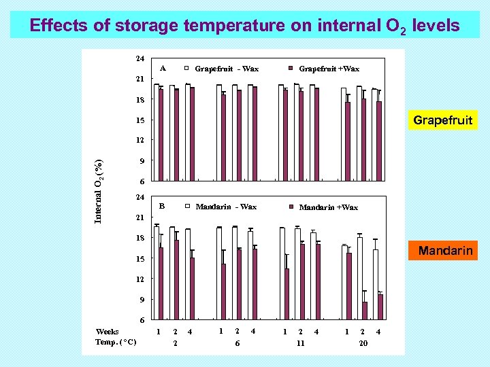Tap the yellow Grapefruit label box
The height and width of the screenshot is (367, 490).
[442, 120]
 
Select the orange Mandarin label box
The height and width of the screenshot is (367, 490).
[445, 251]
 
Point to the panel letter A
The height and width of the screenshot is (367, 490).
[163, 68]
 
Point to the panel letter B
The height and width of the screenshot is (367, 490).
[162, 206]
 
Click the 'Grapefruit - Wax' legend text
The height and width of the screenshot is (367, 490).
[227, 69]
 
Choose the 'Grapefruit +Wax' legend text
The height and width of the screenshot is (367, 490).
[329, 69]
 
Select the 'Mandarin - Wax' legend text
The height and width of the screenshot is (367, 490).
[226, 207]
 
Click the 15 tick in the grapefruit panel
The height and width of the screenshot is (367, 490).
[139, 121]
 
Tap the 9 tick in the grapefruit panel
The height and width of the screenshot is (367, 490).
[140, 161]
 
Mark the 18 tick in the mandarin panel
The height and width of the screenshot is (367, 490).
[139, 239]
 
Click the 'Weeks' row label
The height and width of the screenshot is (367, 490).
[108, 332]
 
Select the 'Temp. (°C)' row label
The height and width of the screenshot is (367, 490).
[116, 342]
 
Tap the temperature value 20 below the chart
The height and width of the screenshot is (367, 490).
[363, 343]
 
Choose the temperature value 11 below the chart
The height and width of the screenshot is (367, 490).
[300, 343]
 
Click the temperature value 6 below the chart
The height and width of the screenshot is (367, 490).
[237, 343]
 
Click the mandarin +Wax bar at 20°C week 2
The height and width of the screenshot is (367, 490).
[365, 311]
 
